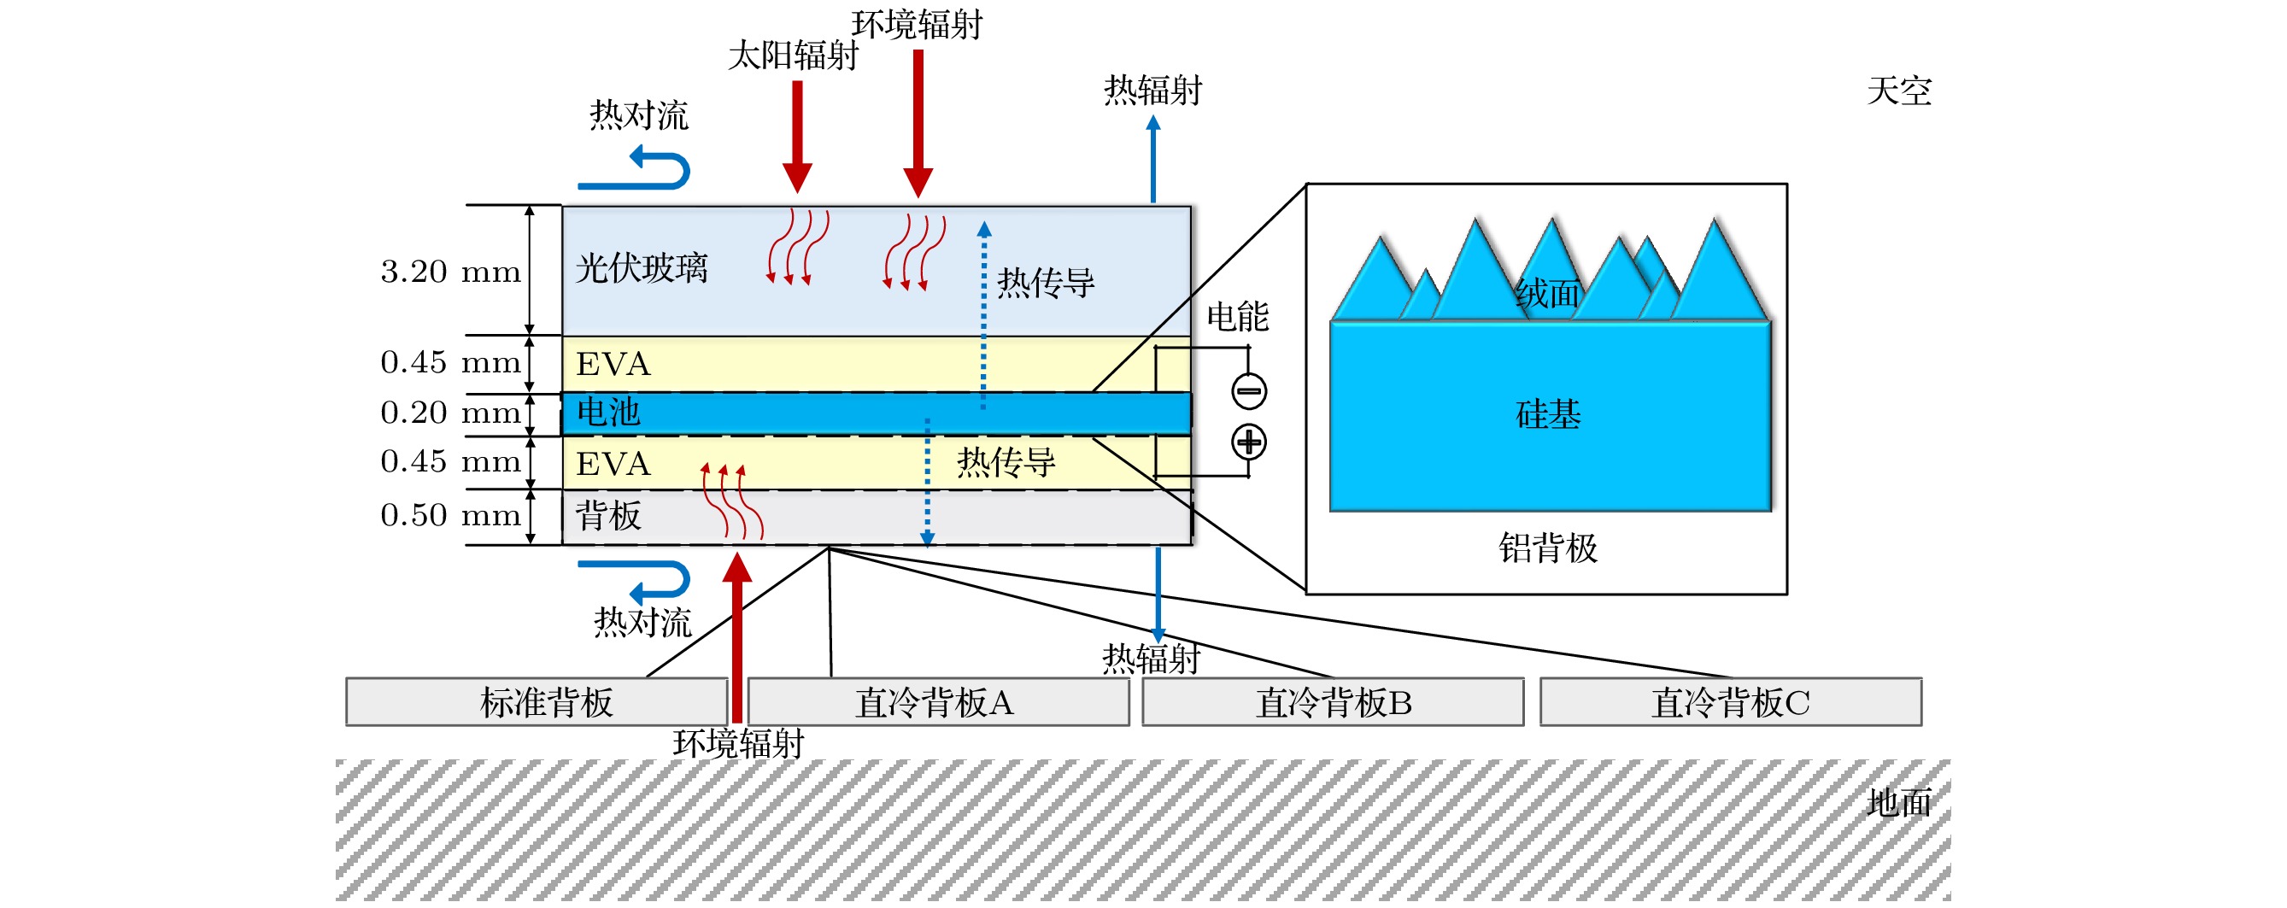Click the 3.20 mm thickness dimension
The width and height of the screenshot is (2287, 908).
(x=450, y=271)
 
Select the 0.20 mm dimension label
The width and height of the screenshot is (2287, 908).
(x=450, y=413)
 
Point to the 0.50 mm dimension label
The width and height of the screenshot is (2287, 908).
(x=450, y=516)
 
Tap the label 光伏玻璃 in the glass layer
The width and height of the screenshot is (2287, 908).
(x=641, y=268)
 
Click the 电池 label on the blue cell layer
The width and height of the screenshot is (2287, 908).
(x=608, y=413)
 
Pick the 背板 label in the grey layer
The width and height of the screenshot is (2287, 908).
(x=608, y=516)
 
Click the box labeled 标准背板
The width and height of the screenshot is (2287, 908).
(x=537, y=702)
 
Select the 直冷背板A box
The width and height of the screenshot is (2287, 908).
(x=937, y=702)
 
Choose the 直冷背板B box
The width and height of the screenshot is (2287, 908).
(x=1333, y=702)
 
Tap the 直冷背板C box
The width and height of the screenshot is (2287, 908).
(x=1730, y=702)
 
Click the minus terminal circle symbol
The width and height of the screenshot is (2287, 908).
(x=1248, y=390)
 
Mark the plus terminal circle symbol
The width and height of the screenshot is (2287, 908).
(x=1248, y=442)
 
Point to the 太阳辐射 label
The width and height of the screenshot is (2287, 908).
(x=793, y=55)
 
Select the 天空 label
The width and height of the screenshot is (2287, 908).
(x=1899, y=91)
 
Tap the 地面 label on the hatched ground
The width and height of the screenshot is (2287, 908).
(x=1899, y=802)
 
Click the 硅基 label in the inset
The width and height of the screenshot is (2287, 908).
(x=1548, y=414)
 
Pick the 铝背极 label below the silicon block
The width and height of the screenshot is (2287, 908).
(x=1548, y=548)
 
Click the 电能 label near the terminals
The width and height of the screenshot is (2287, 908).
(x=1238, y=317)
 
